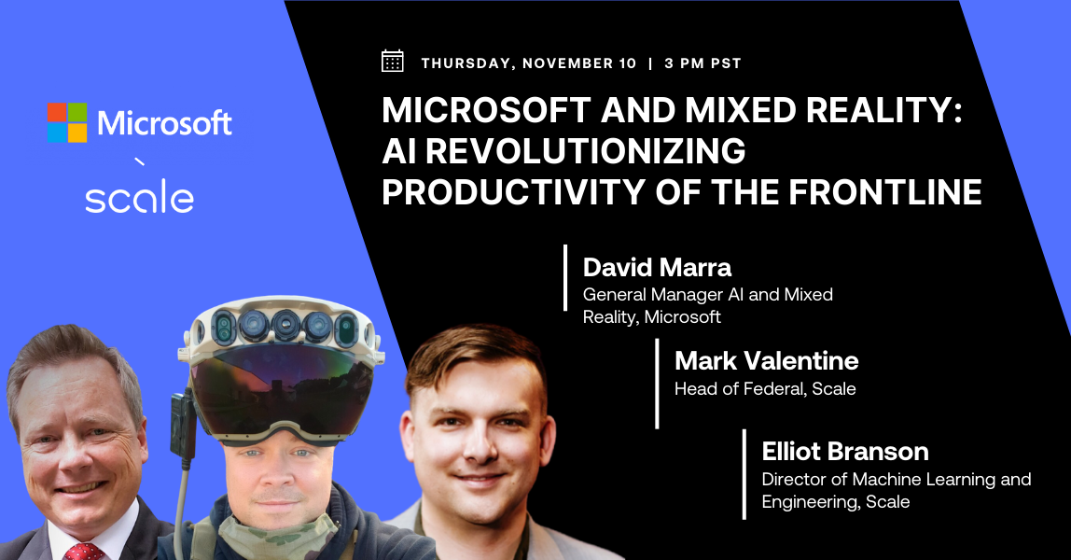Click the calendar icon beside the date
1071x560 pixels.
(393, 62)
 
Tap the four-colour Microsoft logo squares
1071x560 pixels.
(67, 122)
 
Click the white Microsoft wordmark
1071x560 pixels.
(165, 122)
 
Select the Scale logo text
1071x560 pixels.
(140, 198)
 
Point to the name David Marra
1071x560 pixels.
(657, 268)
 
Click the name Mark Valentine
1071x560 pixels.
(766, 360)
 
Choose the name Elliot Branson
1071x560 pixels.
(845, 452)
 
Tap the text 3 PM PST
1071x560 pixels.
(702, 63)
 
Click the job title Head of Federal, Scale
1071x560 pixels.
(765, 388)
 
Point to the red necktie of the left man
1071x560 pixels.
(85, 551)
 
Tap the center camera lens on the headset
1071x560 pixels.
(285, 327)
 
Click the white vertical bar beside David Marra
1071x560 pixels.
(565, 277)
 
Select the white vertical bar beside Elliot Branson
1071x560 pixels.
(744, 474)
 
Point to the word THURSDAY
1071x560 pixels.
(466, 63)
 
